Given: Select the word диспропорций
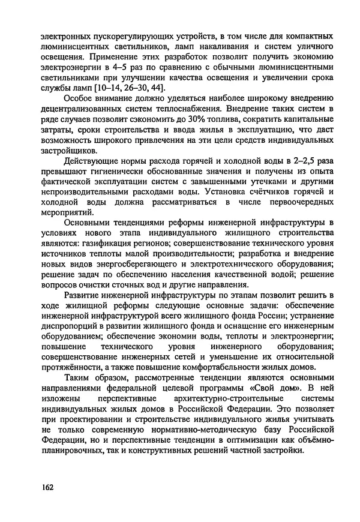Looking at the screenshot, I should coord(62,325).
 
